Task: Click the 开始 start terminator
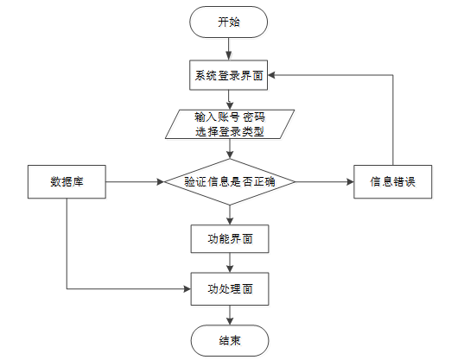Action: (x=228, y=22)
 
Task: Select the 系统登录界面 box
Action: (x=228, y=75)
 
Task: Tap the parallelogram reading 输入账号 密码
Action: (x=230, y=124)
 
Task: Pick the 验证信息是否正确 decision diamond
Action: (x=230, y=182)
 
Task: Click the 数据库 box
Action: (x=67, y=181)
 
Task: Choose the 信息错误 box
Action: (x=393, y=181)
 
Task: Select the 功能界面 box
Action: (x=230, y=239)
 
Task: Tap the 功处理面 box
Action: (x=230, y=289)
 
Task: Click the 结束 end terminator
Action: (x=230, y=341)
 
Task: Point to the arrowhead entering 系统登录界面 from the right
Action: (x=271, y=75)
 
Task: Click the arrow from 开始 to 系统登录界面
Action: (x=228, y=49)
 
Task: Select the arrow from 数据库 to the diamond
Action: (x=135, y=182)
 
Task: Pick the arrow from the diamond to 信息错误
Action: (x=324, y=182)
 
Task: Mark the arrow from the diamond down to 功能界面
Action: (x=230, y=215)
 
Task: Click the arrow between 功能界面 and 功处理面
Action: (x=230, y=262)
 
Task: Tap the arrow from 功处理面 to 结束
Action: (x=230, y=315)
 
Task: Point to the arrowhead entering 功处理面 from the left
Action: (x=187, y=289)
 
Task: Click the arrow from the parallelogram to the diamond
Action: (x=230, y=148)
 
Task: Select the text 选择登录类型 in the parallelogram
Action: (x=230, y=132)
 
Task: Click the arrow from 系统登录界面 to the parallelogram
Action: (x=229, y=99)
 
